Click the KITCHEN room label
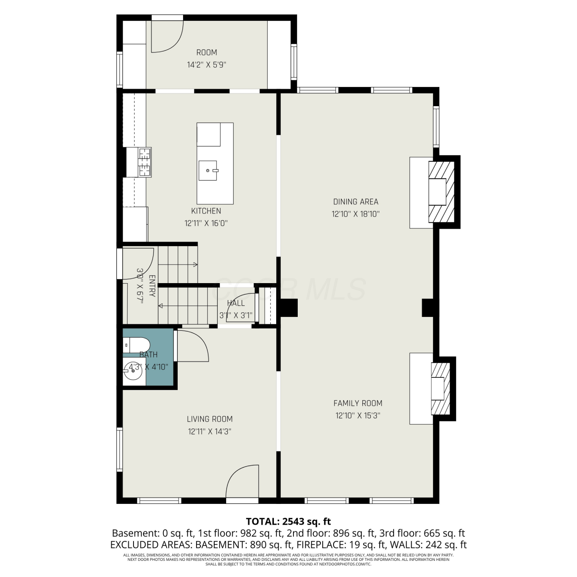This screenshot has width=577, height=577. point(206,211)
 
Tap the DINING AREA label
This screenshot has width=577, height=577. point(356,202)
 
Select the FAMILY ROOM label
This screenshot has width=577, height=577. point(358,403)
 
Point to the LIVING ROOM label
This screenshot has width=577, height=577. point(210,419)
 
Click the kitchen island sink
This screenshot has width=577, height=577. point(208,170)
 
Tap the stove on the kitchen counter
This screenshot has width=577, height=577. point(144,162)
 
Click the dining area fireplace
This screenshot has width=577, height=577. point(442,192)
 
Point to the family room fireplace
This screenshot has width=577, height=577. point(440,389)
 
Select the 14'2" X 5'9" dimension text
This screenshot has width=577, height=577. point(207,65)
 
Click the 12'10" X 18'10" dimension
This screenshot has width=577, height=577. point(356,214)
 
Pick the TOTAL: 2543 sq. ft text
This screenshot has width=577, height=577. point(288,522)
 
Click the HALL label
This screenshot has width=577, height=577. point(236,303)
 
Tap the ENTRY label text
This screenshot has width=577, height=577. point(152,286)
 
